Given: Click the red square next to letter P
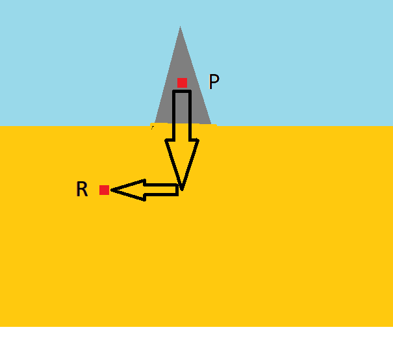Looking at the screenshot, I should (182, 83).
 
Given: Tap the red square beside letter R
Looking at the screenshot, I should (104, 190).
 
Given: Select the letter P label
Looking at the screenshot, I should (214, 82).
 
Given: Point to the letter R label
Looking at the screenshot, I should (82, 190).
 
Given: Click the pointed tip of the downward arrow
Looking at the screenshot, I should (182, 189).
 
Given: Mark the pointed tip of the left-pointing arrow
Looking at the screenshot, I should (112, 190).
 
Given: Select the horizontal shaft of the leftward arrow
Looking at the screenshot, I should (160, 190).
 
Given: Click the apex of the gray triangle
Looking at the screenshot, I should (180, 27).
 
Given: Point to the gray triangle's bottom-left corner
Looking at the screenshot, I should (155, 123).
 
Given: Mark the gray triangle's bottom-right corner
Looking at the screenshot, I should (211, 123).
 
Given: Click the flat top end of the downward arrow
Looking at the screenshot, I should (182, 92).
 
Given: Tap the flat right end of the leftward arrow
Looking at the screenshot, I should (177, 190).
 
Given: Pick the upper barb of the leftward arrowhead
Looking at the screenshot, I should (144, 181).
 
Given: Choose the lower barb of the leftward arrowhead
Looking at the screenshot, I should (144, 199).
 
